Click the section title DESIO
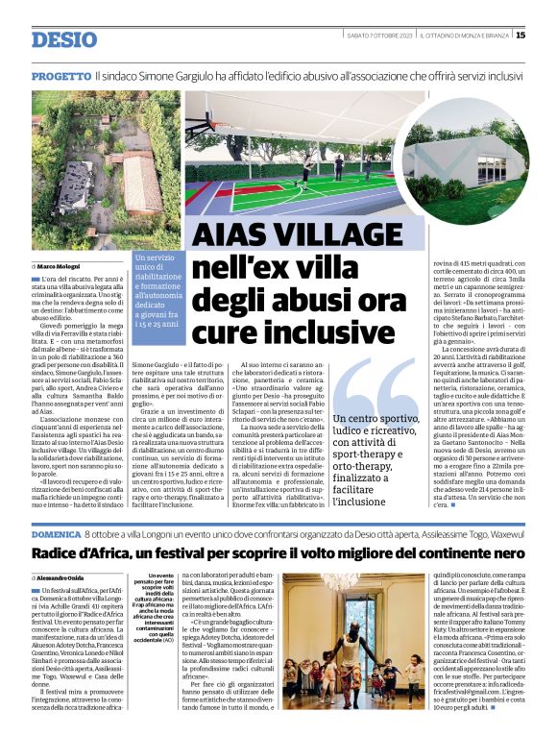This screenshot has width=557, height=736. click(x=64, y=39)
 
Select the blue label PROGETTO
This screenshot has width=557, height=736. click(x=61, y=75)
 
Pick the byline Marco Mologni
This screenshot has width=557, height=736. click(x=68, y=265)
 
